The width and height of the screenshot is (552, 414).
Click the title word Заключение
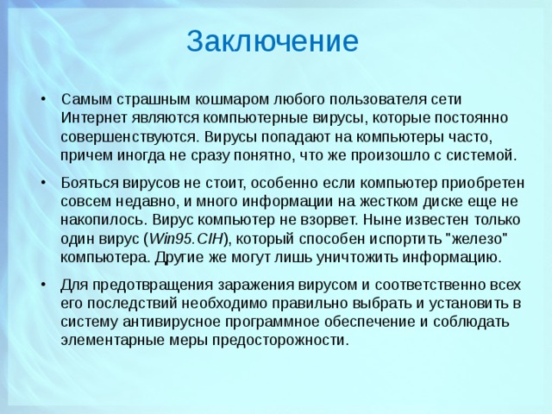click(272, 41)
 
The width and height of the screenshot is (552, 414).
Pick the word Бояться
click(88, 183)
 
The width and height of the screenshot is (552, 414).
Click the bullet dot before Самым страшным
click(42, 98)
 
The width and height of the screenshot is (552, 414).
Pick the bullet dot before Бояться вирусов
click(42, 184)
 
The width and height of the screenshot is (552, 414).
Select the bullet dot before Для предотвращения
click(42, 285)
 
